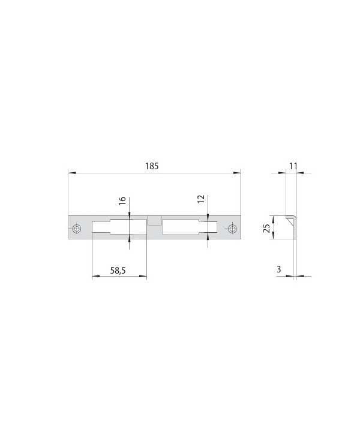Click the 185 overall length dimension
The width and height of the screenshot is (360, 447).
(152, 166)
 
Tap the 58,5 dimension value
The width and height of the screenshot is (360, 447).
(118, 270)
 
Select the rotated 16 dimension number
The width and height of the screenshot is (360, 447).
(122, 200)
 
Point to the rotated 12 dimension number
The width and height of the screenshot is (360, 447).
(201, 199)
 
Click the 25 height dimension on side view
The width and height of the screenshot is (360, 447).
(266, 228)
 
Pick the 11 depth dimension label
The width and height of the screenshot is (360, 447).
(293, 166)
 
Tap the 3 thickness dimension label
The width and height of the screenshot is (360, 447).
(279, 269)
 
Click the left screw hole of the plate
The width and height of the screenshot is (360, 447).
(76, 229)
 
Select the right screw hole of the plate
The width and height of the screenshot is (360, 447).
(232, 229)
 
